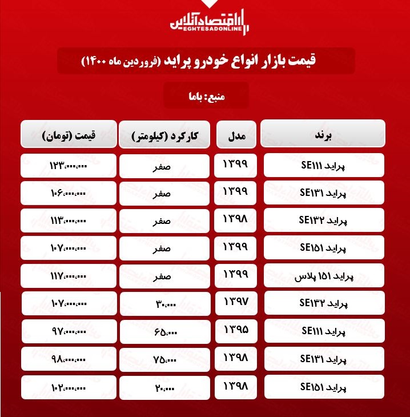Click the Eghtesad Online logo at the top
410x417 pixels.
(x=208, y=20)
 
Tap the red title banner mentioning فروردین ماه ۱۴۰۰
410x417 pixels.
(x=206, y=60)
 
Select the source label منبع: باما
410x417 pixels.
(x=206, y=95)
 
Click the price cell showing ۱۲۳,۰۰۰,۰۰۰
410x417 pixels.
(x=69, y=166)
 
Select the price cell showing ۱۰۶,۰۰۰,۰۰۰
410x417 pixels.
(x=69, y=193)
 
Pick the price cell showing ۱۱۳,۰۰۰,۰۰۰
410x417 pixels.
(x=69, y=221)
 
